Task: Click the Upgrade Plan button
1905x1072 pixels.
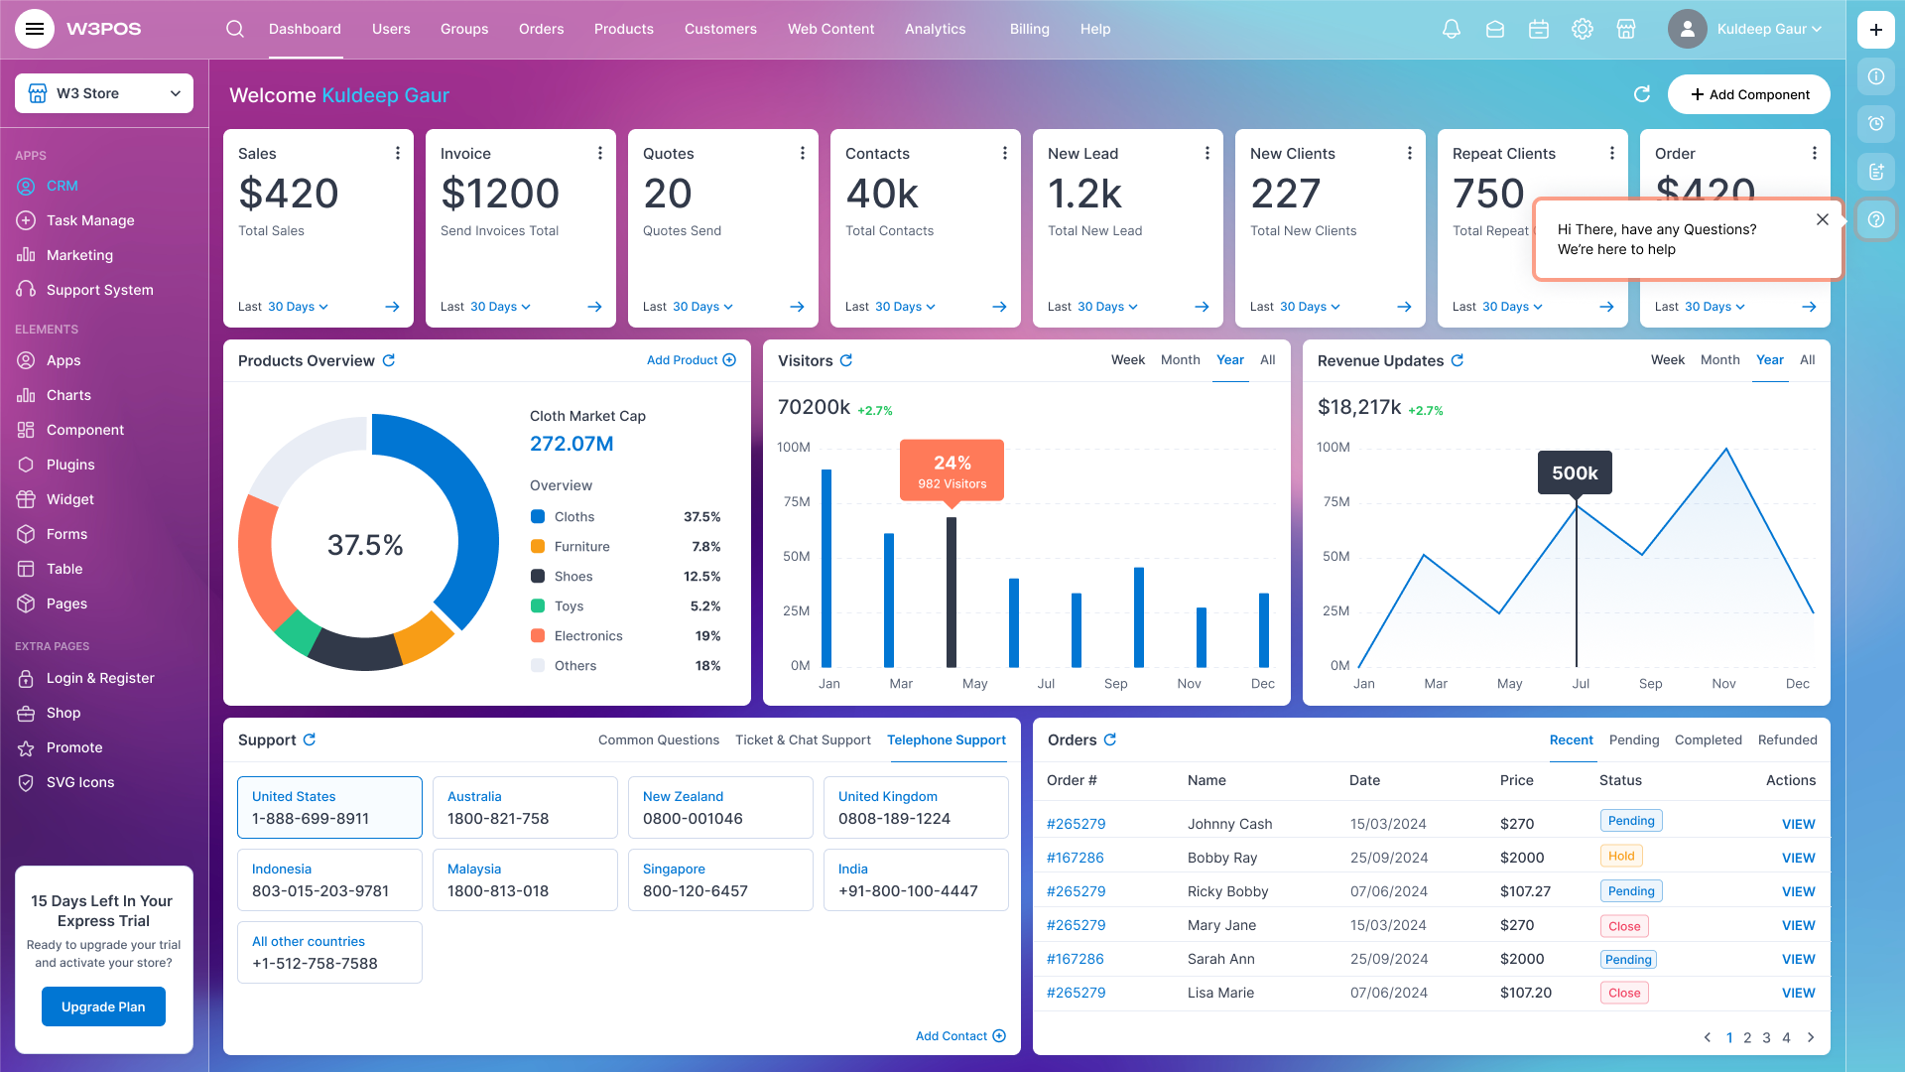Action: click(103, 1006)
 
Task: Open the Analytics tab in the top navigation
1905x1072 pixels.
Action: click(935, 29)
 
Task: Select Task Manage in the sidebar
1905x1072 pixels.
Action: click(89, 220)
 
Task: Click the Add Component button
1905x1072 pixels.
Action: click(1748, 94)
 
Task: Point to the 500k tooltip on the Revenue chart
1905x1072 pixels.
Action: click(1575, 472)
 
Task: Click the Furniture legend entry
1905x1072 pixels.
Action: click(581, 547)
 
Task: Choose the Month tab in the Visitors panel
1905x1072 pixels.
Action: click(1180, 360)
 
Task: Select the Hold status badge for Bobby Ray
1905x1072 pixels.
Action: click(1621, 856)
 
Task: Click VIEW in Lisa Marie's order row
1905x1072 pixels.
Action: click(1798, 993)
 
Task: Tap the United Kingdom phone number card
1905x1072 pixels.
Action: click(915, 807)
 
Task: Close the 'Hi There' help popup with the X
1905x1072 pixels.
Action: click(1822, 219)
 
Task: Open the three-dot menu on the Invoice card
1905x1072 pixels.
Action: click(599, 153)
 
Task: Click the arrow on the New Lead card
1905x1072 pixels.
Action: click(1202, 307)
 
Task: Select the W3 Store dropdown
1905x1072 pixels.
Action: click(104, 93)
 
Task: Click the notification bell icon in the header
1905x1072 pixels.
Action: click(1451, 29)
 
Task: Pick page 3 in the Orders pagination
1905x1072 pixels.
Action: click(1766, 1037)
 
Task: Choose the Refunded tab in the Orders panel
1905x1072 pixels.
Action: click(1787, 739)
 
